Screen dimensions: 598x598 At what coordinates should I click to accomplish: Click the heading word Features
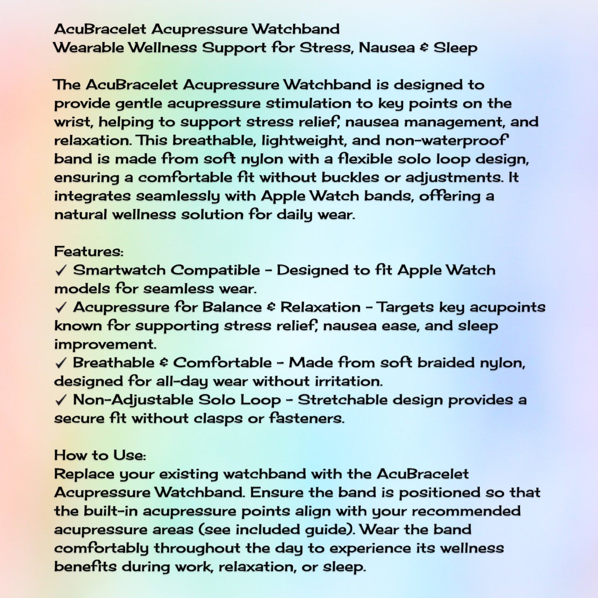88,252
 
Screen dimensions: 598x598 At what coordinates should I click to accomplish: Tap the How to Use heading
100,455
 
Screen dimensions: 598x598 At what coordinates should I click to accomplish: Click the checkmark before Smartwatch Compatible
61,271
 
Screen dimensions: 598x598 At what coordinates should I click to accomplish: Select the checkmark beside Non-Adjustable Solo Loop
61,400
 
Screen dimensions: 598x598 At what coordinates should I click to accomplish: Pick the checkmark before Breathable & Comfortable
61,363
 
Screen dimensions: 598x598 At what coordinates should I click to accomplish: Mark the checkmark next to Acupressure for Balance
61,307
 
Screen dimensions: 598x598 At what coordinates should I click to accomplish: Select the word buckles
350,178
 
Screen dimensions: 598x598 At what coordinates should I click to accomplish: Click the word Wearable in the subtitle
89,48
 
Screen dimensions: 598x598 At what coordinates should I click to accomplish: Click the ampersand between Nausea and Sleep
424,48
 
